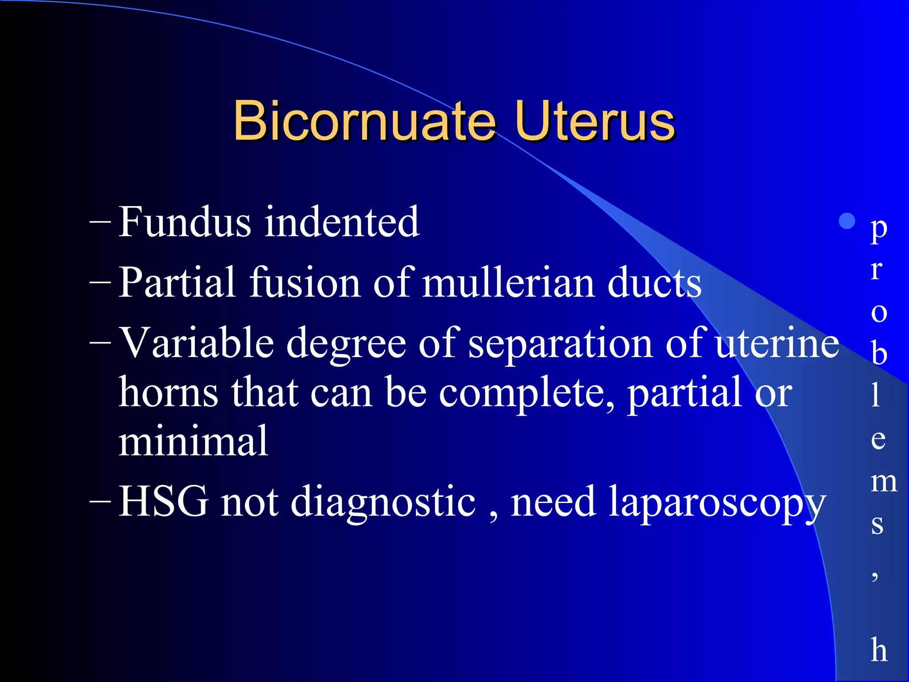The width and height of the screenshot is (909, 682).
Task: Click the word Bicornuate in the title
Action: click(x=364, y=121)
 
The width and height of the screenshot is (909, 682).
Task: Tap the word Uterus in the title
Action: click(x=595, y=121)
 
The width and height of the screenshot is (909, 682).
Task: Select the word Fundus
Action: click(x=185, y=222)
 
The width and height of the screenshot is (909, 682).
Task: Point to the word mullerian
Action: click(x=509, y=283)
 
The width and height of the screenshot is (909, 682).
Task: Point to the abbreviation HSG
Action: click(x=163, y=502)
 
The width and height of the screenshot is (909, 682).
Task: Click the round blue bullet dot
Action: click(x=847, y=221)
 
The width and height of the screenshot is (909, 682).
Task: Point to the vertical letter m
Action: click(x=884, y=482)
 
